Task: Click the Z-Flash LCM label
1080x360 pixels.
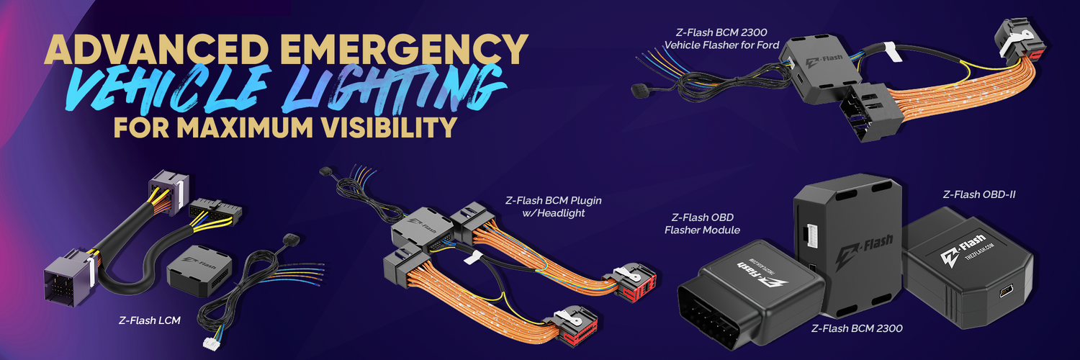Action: [x=149, y=319]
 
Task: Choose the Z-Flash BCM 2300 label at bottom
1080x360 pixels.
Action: [x=856, y=328]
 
